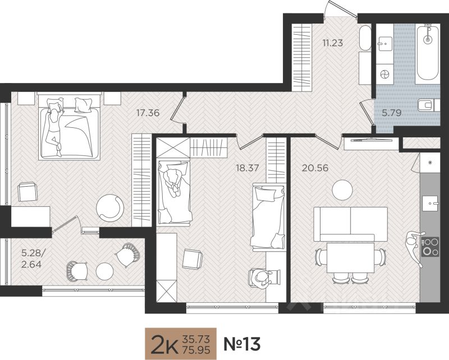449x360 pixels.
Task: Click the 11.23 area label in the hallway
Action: click(332, 43)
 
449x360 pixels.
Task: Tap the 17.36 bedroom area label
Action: click(148, 113)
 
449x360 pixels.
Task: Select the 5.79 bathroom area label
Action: click(392, 113)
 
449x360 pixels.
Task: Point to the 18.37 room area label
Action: click(247, 168)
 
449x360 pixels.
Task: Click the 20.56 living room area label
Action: click(315, 168)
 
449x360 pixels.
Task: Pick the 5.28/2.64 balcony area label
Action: click(33, 259)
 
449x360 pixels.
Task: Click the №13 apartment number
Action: click(242, 344)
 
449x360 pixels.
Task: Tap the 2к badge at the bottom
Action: click(181, 344)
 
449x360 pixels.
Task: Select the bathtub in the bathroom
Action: click(428, 53)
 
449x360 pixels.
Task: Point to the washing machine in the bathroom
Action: click(384, 74)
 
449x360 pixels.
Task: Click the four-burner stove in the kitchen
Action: click(430, 247)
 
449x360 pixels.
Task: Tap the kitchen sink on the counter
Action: click(430, 204)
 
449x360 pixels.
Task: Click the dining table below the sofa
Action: click(350, 258)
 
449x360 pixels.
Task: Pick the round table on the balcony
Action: click(105, 271)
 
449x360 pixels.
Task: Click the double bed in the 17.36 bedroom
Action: click(68, 126)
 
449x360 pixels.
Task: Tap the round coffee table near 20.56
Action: click(342, 190)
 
